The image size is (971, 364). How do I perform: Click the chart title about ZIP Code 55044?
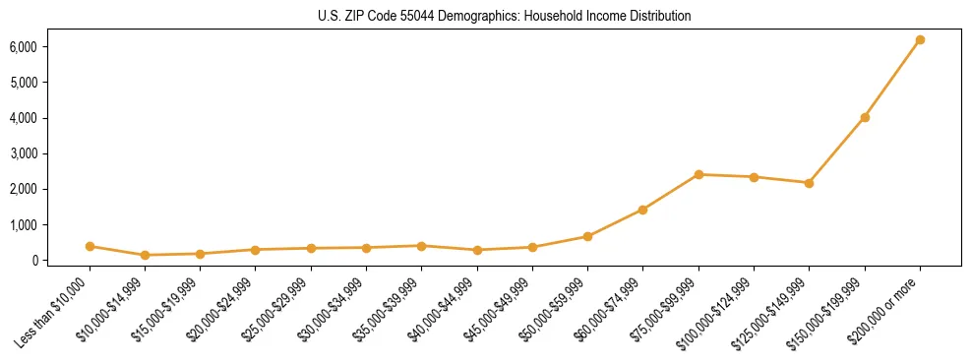point(505,16)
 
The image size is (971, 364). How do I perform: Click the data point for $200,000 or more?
point(920,40)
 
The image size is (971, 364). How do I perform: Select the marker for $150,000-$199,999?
point(865,117)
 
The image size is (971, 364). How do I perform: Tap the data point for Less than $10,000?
point(90,246)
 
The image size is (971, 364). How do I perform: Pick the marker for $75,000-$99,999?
point(698,174)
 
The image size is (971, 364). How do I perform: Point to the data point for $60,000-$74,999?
point(643,210)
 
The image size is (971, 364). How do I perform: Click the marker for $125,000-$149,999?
point(809,183)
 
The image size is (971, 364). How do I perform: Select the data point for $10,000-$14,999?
point(145,255)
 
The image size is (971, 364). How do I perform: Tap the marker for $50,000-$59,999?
point(587,236)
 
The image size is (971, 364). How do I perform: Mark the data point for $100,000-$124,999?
point(754,177)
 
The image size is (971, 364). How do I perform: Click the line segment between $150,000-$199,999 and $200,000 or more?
point(892,79)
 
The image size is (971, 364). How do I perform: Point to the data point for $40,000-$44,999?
point(477,250)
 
